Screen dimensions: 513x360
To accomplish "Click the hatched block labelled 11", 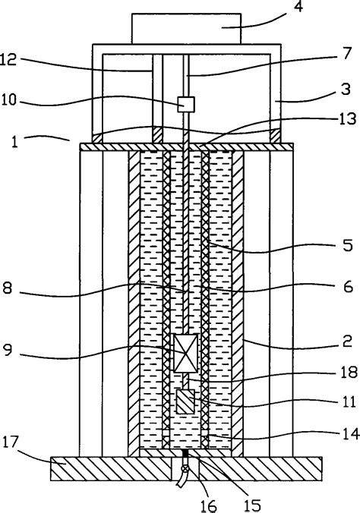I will [185, 401].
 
